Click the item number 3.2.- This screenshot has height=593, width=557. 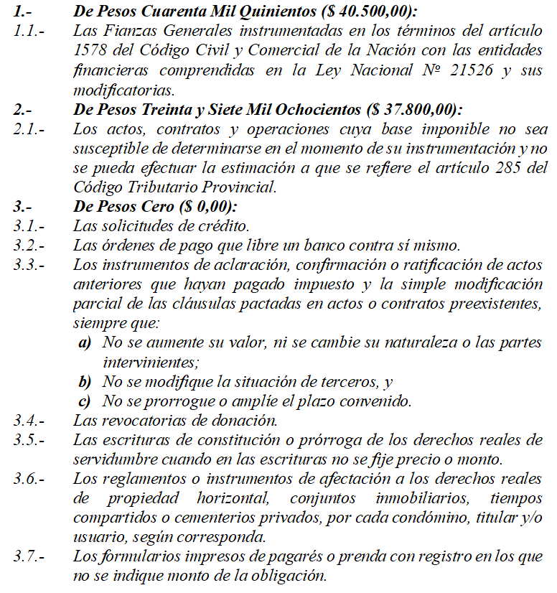pos(27,246)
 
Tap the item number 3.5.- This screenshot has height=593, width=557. pos(27,440)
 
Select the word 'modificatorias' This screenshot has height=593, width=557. pos(123,90)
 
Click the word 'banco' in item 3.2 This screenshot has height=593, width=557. pos(309,246)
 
